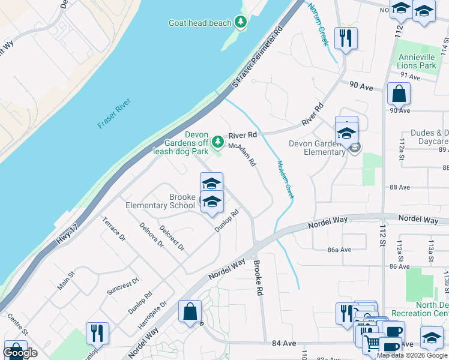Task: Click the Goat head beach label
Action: [x=199, y=23]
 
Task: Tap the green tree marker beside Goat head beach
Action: [x=241, y=23]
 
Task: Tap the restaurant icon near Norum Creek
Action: [x=346, y=39]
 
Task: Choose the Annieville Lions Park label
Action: [x=417, y=61]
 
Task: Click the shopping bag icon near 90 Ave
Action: [x=399, y=94]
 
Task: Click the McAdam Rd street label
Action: [x=243, y=154]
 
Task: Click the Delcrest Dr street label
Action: [x=172, y=238]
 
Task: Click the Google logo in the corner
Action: [x=20, y=353]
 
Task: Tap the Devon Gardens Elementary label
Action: [x=317, y=148]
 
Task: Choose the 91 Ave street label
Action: [x=410, y=76]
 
